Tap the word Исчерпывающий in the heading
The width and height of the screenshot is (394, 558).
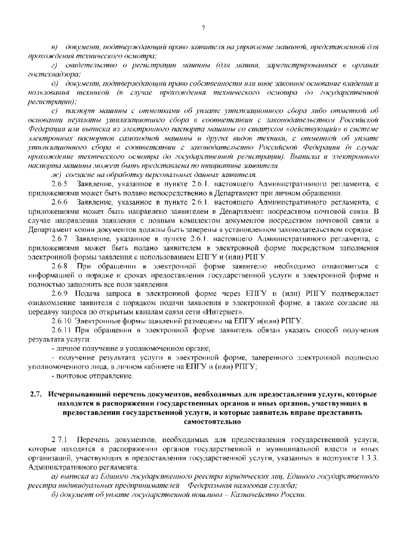78,393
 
